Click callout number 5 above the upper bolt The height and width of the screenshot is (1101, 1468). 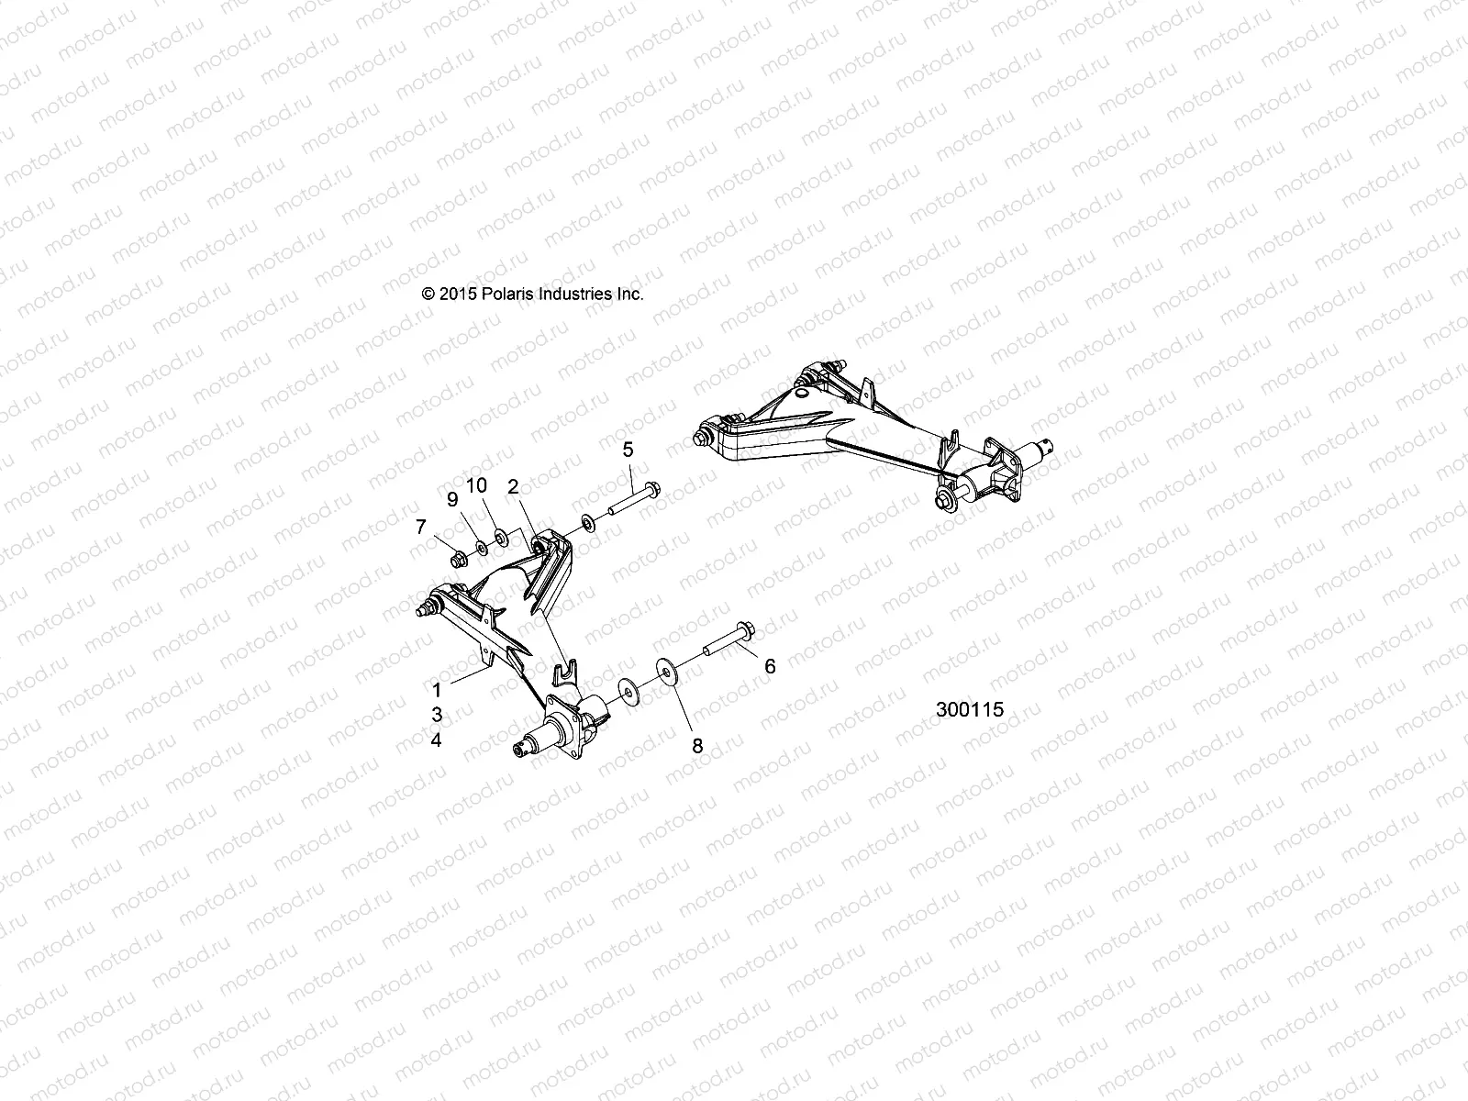628,450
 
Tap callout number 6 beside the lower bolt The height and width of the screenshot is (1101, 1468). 770,666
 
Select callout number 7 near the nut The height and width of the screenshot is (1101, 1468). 421,527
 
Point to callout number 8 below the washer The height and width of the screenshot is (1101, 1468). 697,746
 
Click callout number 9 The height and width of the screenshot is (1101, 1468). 451,499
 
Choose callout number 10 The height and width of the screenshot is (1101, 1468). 477,485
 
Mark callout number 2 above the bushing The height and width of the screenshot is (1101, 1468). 514,485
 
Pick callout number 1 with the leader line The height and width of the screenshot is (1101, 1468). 438,688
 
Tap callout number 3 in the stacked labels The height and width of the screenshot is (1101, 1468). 438,714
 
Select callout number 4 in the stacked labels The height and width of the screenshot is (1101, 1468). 438,740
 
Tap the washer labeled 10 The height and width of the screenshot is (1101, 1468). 501,535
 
